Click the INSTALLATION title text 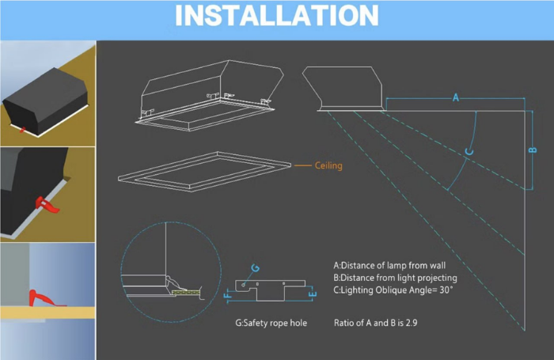pyautogui.click(x=277, y=16)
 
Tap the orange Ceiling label pyautogui.click(x=328, y=165)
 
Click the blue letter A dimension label pyautogui.click(x=456, y=97)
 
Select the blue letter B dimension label pyautogui.click(x=533, y=150)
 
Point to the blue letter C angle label pyautogui.click(x=469, y=151)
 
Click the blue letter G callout pyautogui.click(x=256, y=268)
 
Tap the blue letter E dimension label pyautogui.click(x=313, y=294)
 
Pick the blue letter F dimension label pyautogui.click(x=228, y=294)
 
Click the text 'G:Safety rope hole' pyautogui.click(x=271, y=323)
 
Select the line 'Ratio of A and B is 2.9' pyautogui.click(x=376, y=323)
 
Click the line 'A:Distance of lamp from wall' pyautogui.click(x=389, y=265)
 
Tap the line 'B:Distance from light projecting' pyautogui.click(x=395, y=278)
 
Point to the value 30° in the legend pyautogui.click(x=446, y=290)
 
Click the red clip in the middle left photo pyautogui.click(x=47, y=205)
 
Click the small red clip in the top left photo pyautogui.click(x=22, y=130)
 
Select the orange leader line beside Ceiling pyautogui.click(x=303, y=165)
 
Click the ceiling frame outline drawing pyautogui.click(x=204, y=172)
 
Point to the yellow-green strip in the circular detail pyautogui.click(x=185, y=293)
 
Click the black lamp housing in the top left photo pyautogui.click(x=46, y=100)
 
